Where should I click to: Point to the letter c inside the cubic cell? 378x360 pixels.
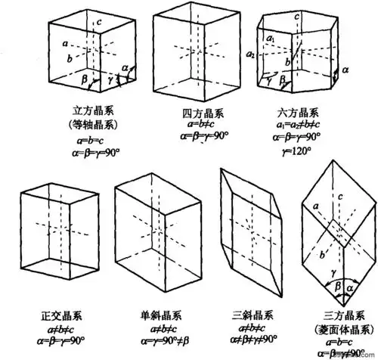tap(98, 23)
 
